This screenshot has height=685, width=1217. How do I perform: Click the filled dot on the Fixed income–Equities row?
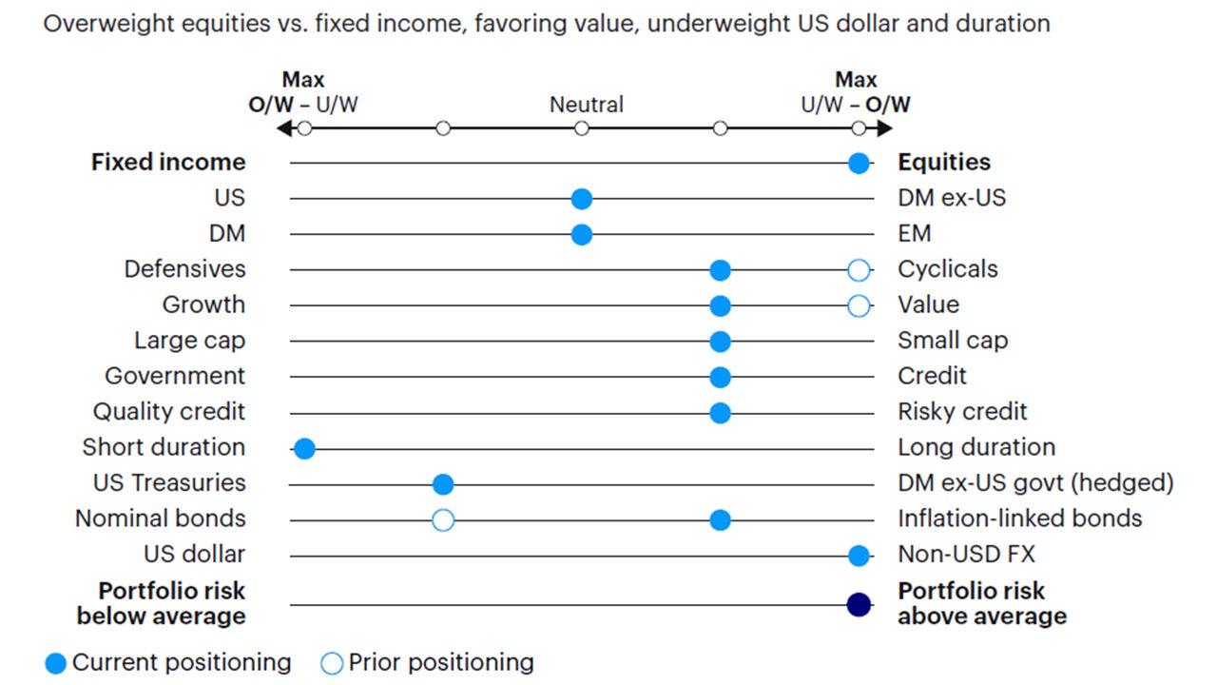click(x=859, y=163)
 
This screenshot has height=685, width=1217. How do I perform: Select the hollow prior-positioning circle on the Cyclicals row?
click(x=859, y=270)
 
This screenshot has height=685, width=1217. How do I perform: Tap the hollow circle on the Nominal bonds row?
click(x=443, y=520)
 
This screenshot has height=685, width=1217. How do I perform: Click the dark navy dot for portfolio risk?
click(x=859, y=604)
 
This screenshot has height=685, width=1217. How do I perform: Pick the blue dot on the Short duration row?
click(x=304, y=449)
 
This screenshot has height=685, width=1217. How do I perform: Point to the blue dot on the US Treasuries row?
click(x=443, y=484)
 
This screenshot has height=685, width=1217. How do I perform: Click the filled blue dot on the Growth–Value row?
click(x=720, y=305)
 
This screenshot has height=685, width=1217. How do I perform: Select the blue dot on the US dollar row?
click(x=859, y=556)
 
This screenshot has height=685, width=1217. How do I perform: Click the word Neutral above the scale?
click(x=587, y=105)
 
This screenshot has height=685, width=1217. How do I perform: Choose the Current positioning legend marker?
click(x=56, y=663)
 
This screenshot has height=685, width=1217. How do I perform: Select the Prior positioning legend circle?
click(x=332, y=663)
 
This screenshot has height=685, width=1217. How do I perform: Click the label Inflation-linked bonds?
click(x=1019, y=519)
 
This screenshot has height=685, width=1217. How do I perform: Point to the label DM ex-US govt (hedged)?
click(x=1035, y=483)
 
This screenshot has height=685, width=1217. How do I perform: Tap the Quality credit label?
click(x=168, y=412)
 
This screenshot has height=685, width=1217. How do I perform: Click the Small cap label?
click(x=953, y=341)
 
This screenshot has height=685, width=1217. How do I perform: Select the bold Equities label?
click(x=943, y=163)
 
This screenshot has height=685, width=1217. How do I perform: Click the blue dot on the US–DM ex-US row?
click(x=582, y=199)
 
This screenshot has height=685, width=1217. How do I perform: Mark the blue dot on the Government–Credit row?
click(x=720, y=378)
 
